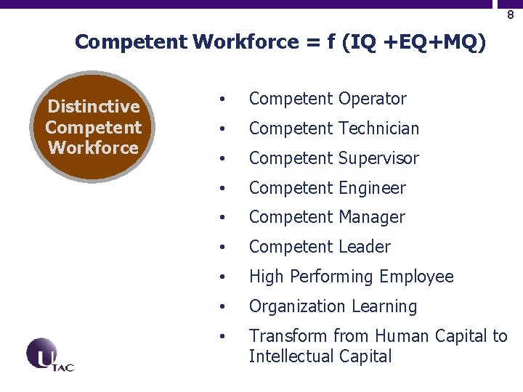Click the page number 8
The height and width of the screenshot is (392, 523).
511,15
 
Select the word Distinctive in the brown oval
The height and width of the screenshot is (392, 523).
94,107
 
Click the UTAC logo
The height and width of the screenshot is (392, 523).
49,355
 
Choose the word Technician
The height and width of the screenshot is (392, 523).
378,128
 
